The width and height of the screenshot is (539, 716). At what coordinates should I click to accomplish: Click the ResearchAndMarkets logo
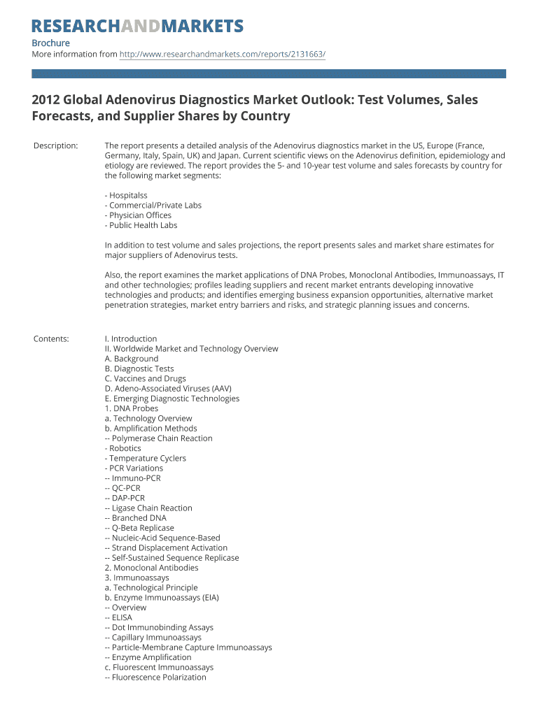(x=137, y=27)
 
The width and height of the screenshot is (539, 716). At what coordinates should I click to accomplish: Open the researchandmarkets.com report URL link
(x=223, y=54)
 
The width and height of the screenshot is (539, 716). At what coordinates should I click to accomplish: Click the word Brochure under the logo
(x=51, y=43)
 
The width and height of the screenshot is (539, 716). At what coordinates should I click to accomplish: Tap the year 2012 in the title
(x=46, y=100)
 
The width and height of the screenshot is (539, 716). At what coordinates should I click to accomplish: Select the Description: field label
(x=55, y=145)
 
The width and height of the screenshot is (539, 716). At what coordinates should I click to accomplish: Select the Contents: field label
(x=51, y=339)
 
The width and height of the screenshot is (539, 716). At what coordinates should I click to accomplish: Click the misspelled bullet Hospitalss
(x=126, y=196)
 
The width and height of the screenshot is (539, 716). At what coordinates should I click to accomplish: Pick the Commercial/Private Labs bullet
(x=153, y=206)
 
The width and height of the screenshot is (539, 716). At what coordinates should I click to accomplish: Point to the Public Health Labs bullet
(x=141, y=225)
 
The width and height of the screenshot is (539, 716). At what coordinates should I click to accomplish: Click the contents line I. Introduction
(x=131, y=339)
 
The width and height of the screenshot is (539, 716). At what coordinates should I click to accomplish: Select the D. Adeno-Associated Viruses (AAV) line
(x=168, y=389)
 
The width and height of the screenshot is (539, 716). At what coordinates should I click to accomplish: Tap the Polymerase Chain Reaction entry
(x=158, y=438)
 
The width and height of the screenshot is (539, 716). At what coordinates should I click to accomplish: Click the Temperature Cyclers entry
(x=146, y=459)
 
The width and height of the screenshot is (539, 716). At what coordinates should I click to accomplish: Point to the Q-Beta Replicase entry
(x=139, y=528)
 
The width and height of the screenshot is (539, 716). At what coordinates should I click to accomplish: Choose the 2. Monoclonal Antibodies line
(x=151, y=568)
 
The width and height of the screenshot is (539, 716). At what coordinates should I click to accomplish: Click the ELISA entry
(x=118, y=617)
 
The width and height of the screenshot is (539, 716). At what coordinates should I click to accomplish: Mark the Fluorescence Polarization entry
(x=155, y=678)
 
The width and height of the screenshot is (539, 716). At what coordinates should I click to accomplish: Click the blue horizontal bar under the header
(x=269, y=73)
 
